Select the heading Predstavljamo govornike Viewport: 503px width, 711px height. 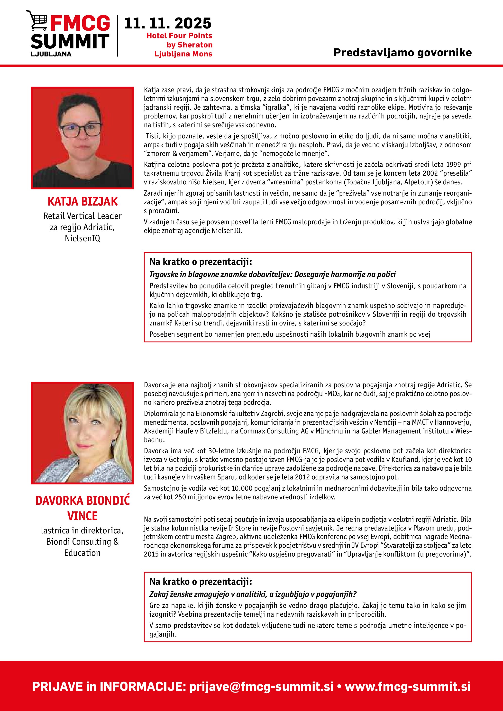[x=402, y=53]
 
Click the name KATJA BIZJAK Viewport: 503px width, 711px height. [x=82, y=202]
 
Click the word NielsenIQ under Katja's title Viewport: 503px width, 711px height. [x=82, y=238]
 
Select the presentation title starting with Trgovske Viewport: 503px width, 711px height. [x=272, y=274]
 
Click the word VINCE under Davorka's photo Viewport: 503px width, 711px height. [x=82, y=516]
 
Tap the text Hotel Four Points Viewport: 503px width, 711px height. [x=179, y=36]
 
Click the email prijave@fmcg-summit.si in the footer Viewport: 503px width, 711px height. [x=261, y=686]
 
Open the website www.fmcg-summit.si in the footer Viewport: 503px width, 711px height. [x=408, y=686]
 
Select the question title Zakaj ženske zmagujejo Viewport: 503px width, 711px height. [x=253, y=594]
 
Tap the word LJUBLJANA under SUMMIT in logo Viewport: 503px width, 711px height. [x=51, y=54]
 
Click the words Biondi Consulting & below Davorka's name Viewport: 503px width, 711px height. [x=82, y=542]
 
